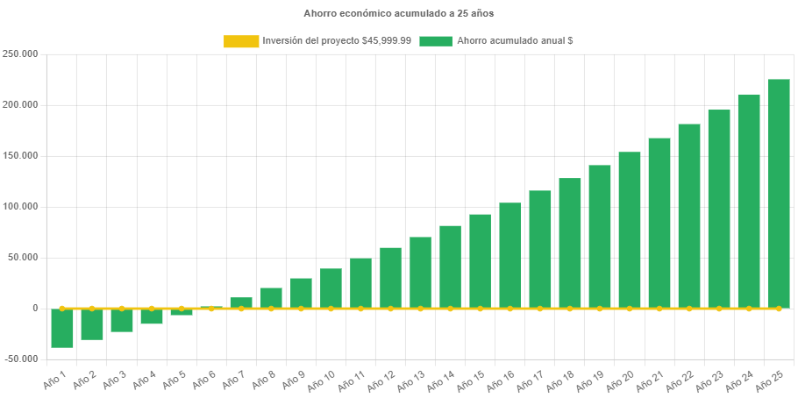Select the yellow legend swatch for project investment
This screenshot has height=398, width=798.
click(241, 41)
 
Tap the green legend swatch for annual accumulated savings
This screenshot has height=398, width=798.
click(436, 41)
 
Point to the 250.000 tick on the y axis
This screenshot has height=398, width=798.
click(20, 53)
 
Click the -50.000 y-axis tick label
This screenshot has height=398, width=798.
click(20, 359)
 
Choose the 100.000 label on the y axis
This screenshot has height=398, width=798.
click(20, 207)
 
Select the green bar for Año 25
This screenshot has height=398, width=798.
click(779, 193)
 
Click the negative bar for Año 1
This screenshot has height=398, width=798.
click(62, 328)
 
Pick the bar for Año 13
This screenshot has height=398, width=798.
click(420, 272)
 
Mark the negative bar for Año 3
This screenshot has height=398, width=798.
click(122, 320)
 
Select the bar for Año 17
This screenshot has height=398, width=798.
click(539, 249)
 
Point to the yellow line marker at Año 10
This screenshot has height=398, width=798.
click(331, 309)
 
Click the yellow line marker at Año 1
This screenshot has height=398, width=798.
click(62, 309)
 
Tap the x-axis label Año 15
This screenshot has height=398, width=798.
click(472, 380)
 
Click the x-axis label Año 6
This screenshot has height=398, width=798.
click(203, 379)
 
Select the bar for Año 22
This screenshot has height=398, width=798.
click(688, 216)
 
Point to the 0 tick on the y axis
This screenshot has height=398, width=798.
click(35, 309)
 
